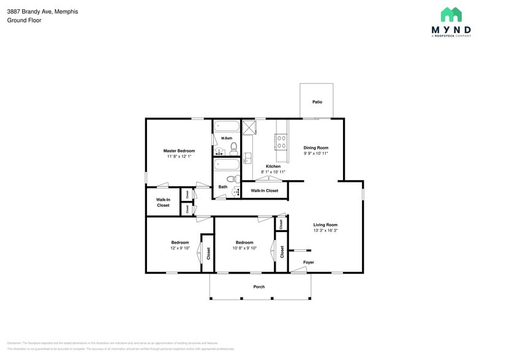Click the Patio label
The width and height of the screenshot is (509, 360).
[317, 102]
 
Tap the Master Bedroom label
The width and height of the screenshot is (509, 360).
[179, 151]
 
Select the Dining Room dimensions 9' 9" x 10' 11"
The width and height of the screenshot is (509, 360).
[316, 153]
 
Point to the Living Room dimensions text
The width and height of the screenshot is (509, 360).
[325, 230]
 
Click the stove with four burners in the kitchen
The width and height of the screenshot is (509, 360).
[282, 142]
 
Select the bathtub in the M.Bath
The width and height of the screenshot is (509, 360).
[226, 126]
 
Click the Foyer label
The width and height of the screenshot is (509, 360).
[309, 262]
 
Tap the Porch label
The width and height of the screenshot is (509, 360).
[259, 287]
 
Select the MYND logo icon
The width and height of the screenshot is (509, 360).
[451, 15]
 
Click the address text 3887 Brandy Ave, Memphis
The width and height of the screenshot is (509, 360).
[34, 12]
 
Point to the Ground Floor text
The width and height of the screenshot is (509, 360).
[24, 20]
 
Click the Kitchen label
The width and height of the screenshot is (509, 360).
[273, 166]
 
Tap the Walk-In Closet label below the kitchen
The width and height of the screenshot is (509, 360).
[265, 190]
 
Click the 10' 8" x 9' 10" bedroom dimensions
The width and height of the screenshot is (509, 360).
[244, 248]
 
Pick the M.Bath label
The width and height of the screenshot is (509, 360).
[227, 138]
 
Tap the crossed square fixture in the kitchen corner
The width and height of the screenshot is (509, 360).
[249, 127]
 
